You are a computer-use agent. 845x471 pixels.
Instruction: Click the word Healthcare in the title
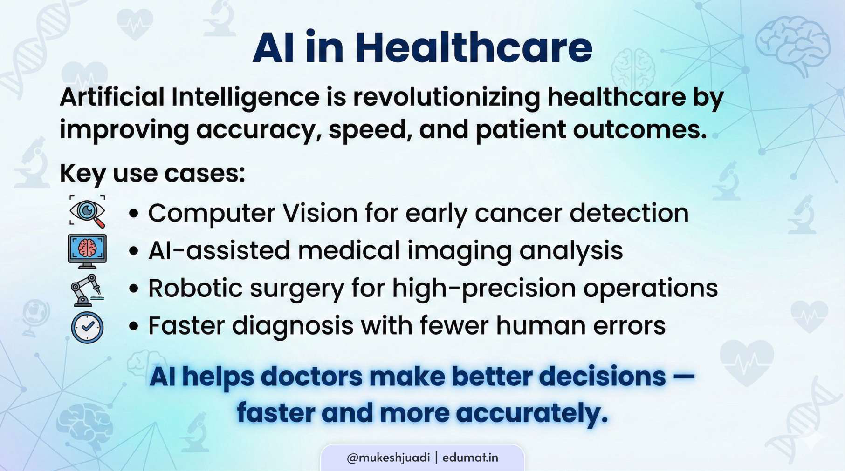pyautogui.click(x=473, y=48)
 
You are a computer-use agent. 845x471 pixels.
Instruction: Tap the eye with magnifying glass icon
pyautogui.click(x=87, y=212)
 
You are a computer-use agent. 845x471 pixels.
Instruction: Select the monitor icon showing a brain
pyautogui.click(x=87, y=250)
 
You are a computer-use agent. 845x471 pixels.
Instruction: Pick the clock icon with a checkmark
pyautogui.click(x=87, y=327)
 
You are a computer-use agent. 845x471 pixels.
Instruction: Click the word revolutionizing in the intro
pyautogui.click(x=446, y=97)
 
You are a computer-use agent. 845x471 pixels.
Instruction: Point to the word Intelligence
pyautogui.click(x=245, y=97)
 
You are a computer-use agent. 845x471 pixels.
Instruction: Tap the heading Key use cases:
pyautogui.click(x=152, y=173)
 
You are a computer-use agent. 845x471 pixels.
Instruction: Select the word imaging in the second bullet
pyautogui.click(x=459, y=251)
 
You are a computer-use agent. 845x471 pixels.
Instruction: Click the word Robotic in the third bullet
pyautogui.click(x=195, y=288)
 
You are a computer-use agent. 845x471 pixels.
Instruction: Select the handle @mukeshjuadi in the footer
pyautogui.click(x=388, y=458)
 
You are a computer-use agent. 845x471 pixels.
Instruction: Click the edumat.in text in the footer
pyautogui.click(x=470, y=458)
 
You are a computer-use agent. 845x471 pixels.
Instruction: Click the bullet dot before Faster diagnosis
pyautogui.click(x=134, y=326)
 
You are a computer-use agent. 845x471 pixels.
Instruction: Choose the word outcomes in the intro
pyautogui.click(x=639, y=130)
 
